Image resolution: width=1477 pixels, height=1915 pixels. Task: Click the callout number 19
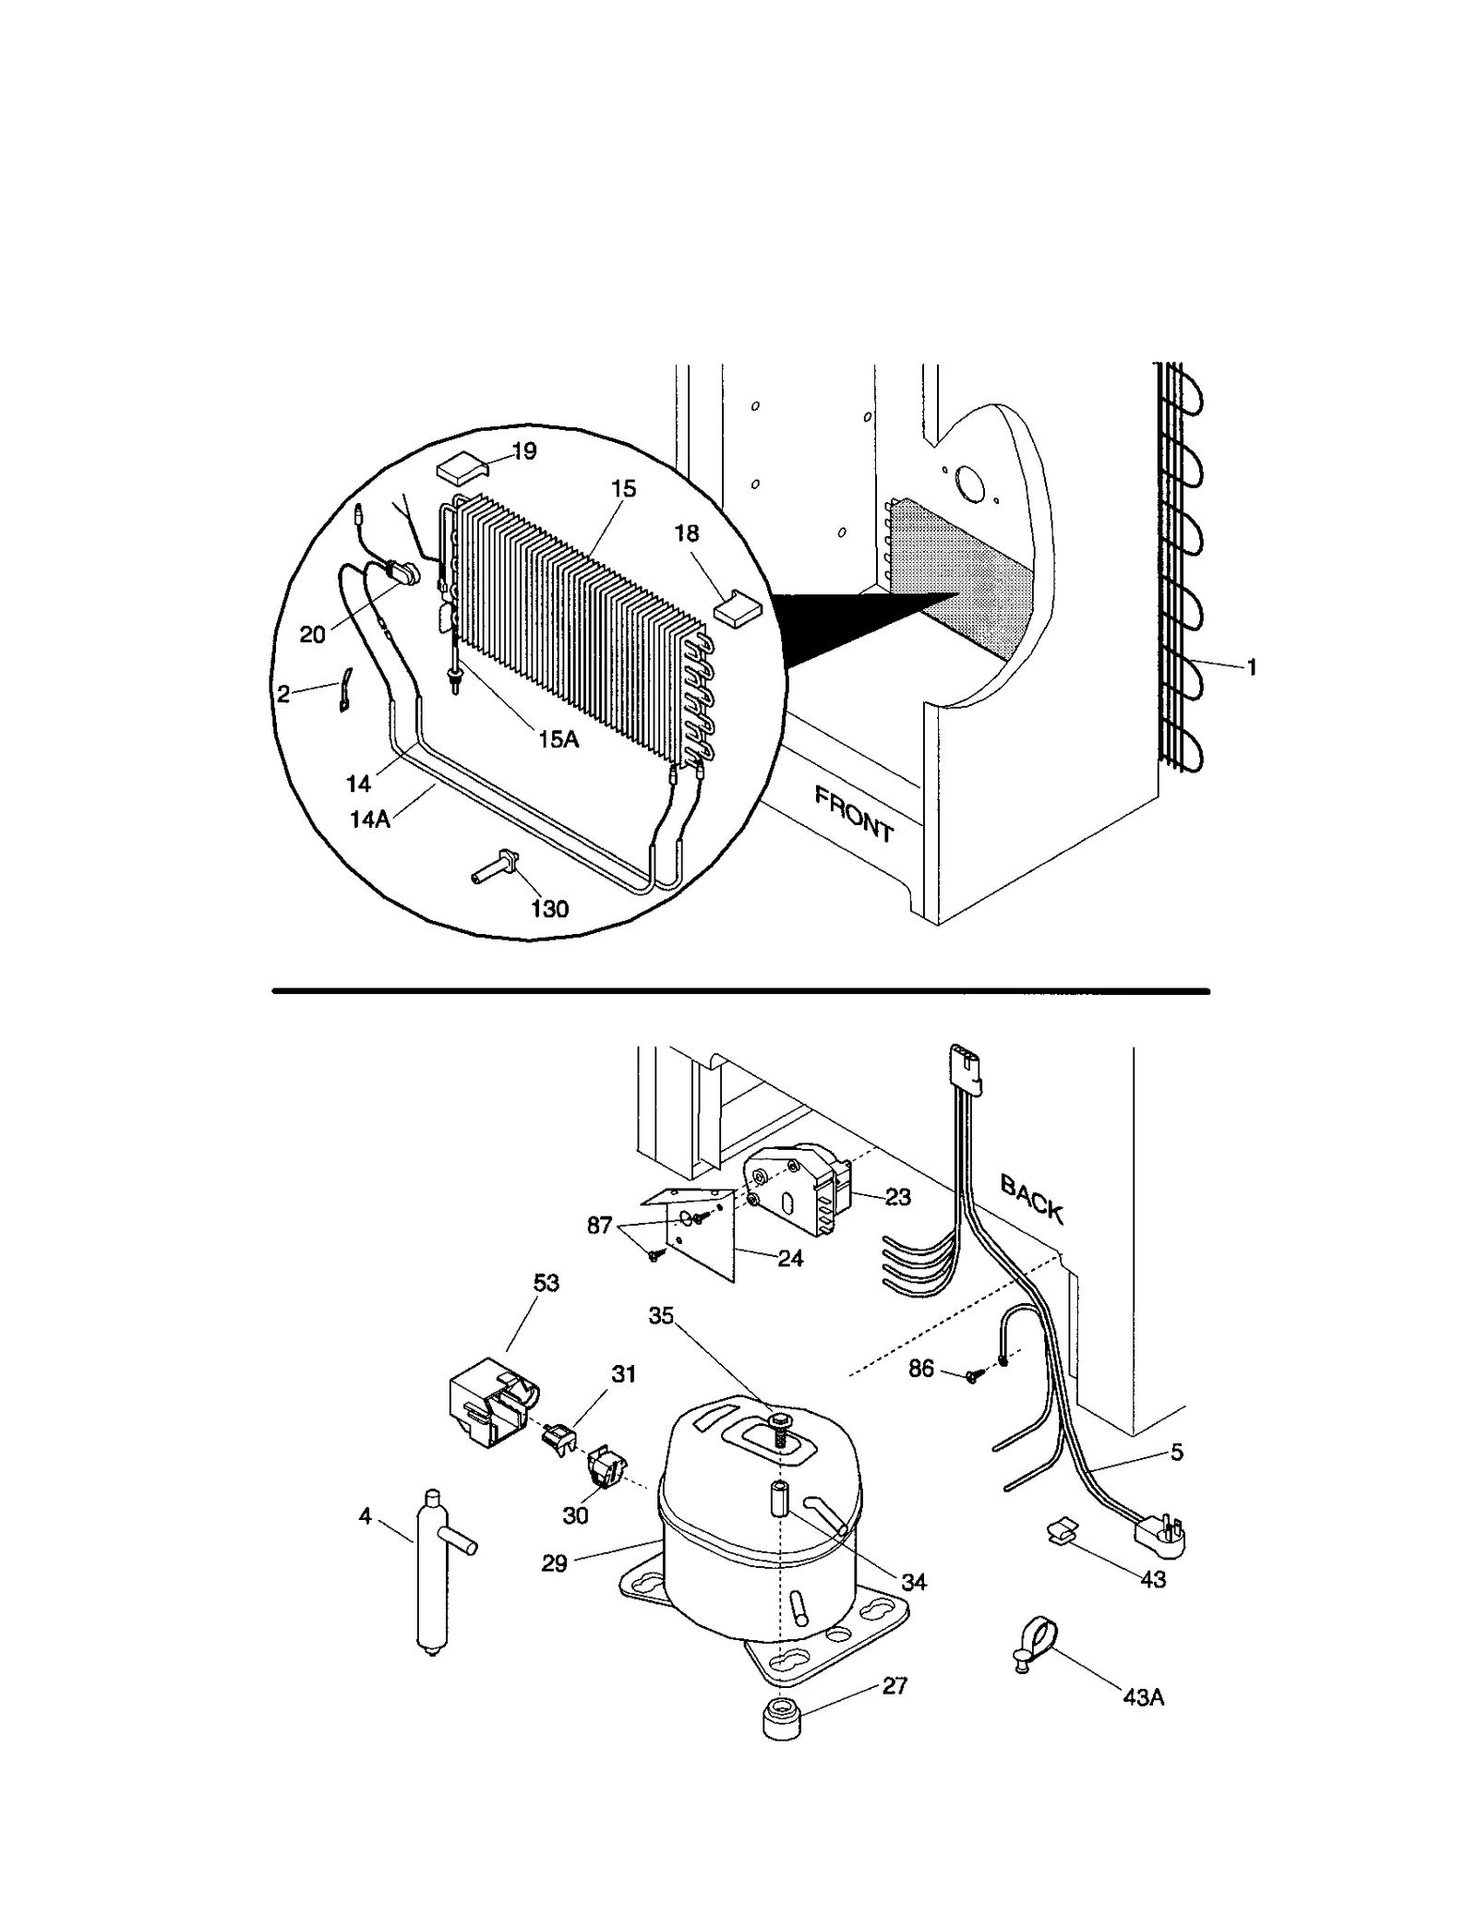pos(523,451)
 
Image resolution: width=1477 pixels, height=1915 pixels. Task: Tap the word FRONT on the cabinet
pos(854,815)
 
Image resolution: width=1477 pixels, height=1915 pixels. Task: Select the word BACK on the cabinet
pos(1032,1199)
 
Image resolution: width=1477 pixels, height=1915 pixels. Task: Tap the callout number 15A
pos(558,738)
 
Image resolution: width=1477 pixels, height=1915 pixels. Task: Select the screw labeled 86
pos(972,1402)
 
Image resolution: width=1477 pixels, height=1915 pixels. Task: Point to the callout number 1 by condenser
pos(1252,667)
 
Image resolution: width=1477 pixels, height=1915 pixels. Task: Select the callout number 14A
pos(370,819)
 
